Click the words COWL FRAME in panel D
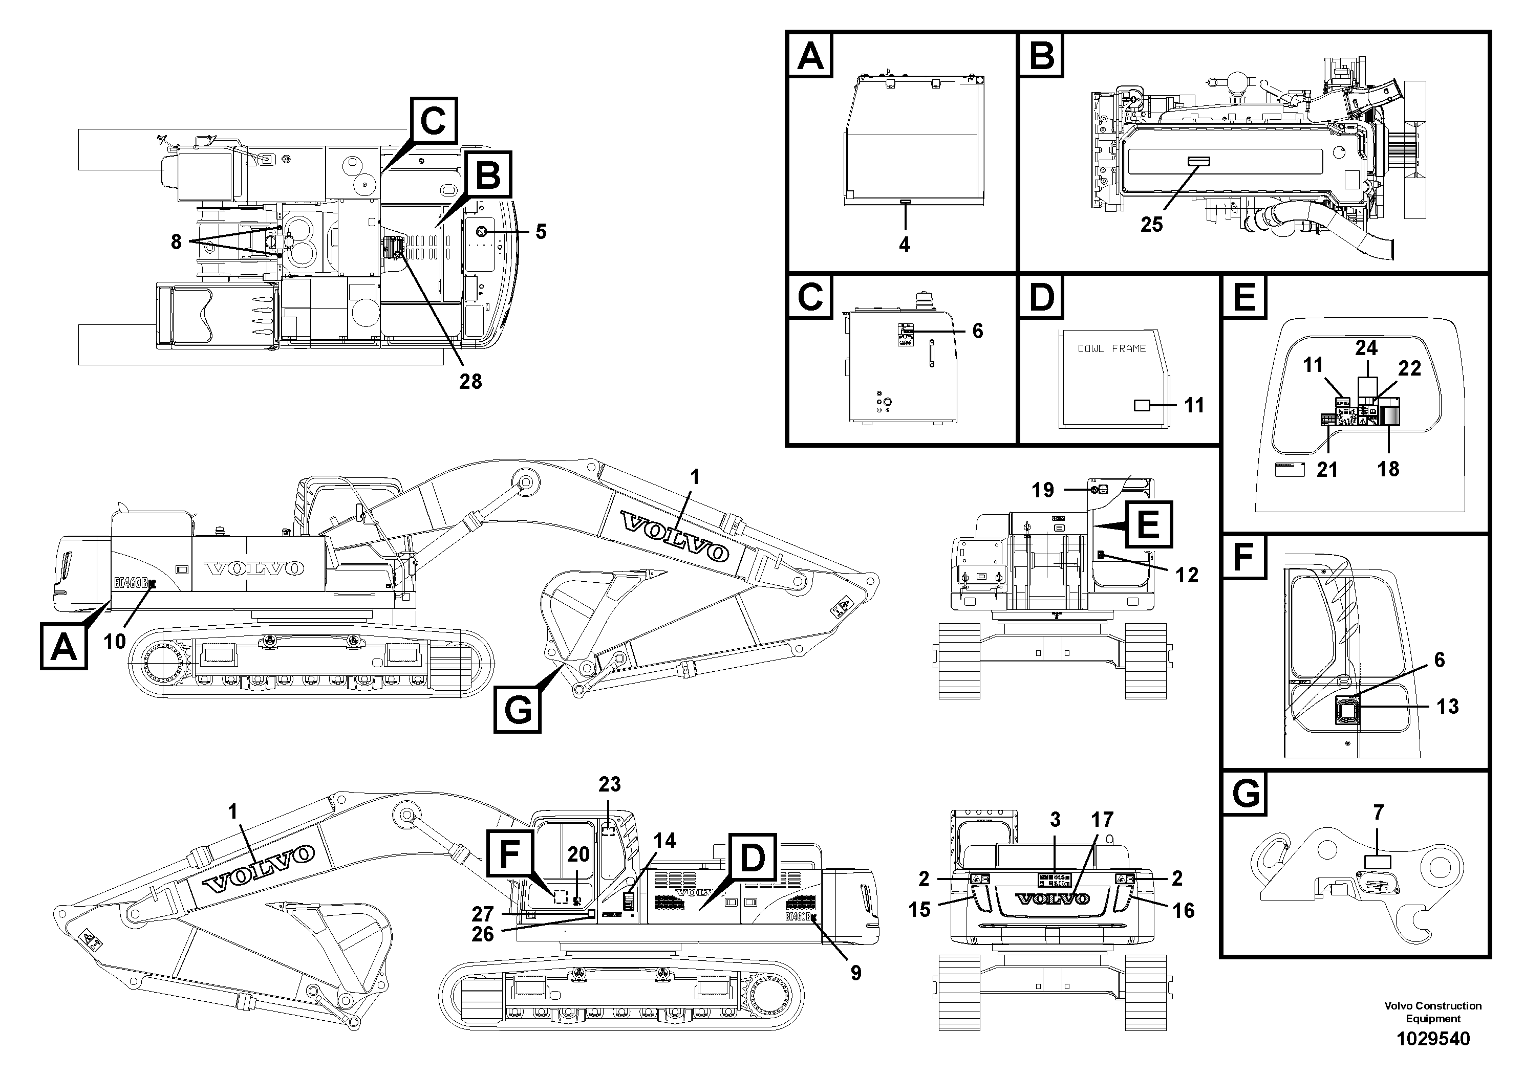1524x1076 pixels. click(1111, 348)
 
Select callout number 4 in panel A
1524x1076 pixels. click(904, 245)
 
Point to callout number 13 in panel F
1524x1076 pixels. click(1448, 706)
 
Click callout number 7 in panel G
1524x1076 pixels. click(1378, 812)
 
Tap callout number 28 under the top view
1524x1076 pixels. click(470, 382)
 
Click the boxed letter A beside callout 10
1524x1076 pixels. click(63, 646)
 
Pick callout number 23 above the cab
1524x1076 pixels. click(609, 784)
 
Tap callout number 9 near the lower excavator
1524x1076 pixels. click(855, 973)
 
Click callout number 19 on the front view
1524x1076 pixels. click(1042, 490)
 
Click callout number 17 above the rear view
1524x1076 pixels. click(1103, 820)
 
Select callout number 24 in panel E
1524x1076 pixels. click(1366, 347)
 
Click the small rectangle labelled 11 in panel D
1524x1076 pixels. click(1141, 405)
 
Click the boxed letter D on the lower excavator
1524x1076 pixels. click(752, 859)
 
